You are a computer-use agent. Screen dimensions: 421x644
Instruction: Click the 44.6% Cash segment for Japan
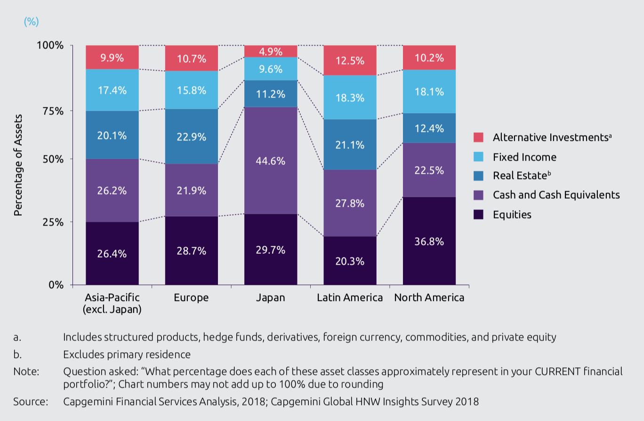271,161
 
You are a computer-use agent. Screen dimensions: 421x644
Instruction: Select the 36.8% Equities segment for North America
429,241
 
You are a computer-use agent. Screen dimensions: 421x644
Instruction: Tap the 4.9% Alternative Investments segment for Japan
271,51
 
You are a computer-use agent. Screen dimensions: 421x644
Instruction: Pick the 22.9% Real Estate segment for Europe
192,137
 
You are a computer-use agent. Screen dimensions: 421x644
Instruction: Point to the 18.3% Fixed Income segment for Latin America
350,97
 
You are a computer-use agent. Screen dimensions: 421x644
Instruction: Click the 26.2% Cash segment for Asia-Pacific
112,191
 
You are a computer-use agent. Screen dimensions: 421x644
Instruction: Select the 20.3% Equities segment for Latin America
350,260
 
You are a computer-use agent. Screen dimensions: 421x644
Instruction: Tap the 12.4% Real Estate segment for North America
429,128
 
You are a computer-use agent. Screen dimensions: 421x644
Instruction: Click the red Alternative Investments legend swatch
479,138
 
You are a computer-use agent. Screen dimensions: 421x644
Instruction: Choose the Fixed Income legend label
524,157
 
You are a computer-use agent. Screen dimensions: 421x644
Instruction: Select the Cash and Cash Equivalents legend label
556,195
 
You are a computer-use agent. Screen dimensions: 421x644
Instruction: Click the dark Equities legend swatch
479,214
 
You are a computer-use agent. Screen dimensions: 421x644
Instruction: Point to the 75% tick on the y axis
53,111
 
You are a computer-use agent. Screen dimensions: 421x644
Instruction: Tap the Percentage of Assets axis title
18,165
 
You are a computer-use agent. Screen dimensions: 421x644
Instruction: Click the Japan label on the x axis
271,298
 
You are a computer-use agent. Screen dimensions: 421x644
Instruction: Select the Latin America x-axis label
350,298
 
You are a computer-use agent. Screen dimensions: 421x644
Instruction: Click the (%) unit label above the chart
31,22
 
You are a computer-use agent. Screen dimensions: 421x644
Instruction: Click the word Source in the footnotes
31,402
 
